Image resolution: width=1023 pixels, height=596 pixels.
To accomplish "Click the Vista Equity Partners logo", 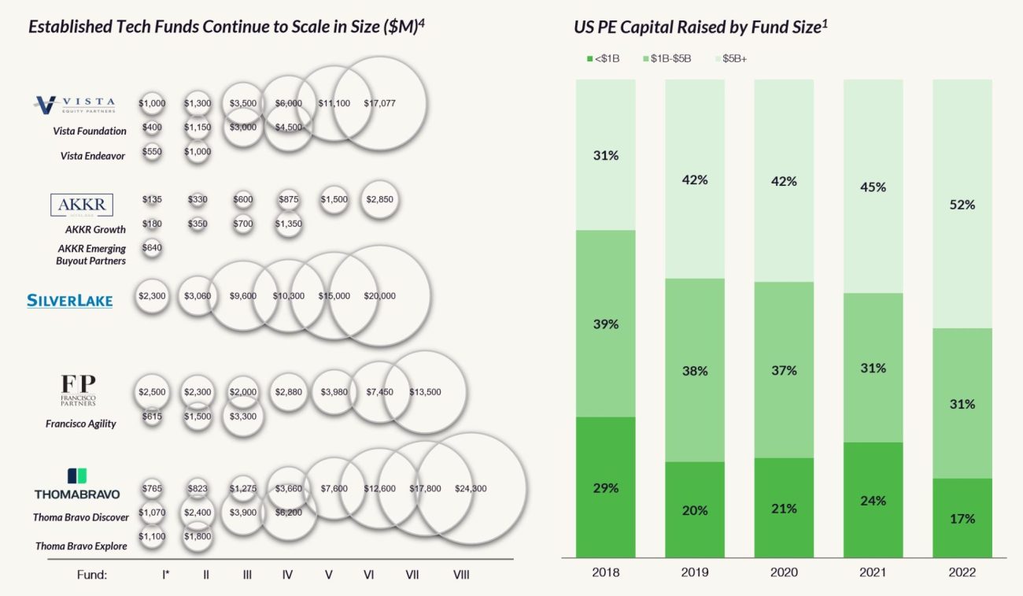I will coord(75,104).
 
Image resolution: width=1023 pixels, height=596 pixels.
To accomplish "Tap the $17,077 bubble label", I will coord(380,103).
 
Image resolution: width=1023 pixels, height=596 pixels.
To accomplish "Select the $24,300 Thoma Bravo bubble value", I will coord(471,489).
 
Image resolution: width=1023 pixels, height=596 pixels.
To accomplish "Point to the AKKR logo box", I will coord(81,205).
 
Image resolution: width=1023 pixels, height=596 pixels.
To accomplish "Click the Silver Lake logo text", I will coord(69,300).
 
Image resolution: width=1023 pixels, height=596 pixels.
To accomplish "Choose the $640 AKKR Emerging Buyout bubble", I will coord(152,248).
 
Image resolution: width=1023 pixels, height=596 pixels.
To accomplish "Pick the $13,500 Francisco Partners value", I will coord(425,391).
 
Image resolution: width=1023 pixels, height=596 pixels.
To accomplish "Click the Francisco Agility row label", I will coord(80,424).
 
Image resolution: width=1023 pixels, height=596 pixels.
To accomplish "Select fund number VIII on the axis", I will coord(461,575).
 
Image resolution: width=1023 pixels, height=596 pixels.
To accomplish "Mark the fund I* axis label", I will coord(165,575).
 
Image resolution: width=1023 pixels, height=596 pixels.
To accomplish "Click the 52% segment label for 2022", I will coord(962,205).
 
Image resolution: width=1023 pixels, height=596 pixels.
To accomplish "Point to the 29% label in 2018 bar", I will coord(606,488).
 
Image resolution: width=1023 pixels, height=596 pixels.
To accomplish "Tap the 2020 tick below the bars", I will coord(784,572).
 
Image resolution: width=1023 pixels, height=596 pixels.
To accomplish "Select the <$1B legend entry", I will coord(604,59).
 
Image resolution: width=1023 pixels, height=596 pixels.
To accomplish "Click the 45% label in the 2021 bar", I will coord(873,187).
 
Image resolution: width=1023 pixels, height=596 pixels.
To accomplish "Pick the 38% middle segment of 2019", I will coord(695,371).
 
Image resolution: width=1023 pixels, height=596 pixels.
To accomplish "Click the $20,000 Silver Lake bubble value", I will coord(380,296).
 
